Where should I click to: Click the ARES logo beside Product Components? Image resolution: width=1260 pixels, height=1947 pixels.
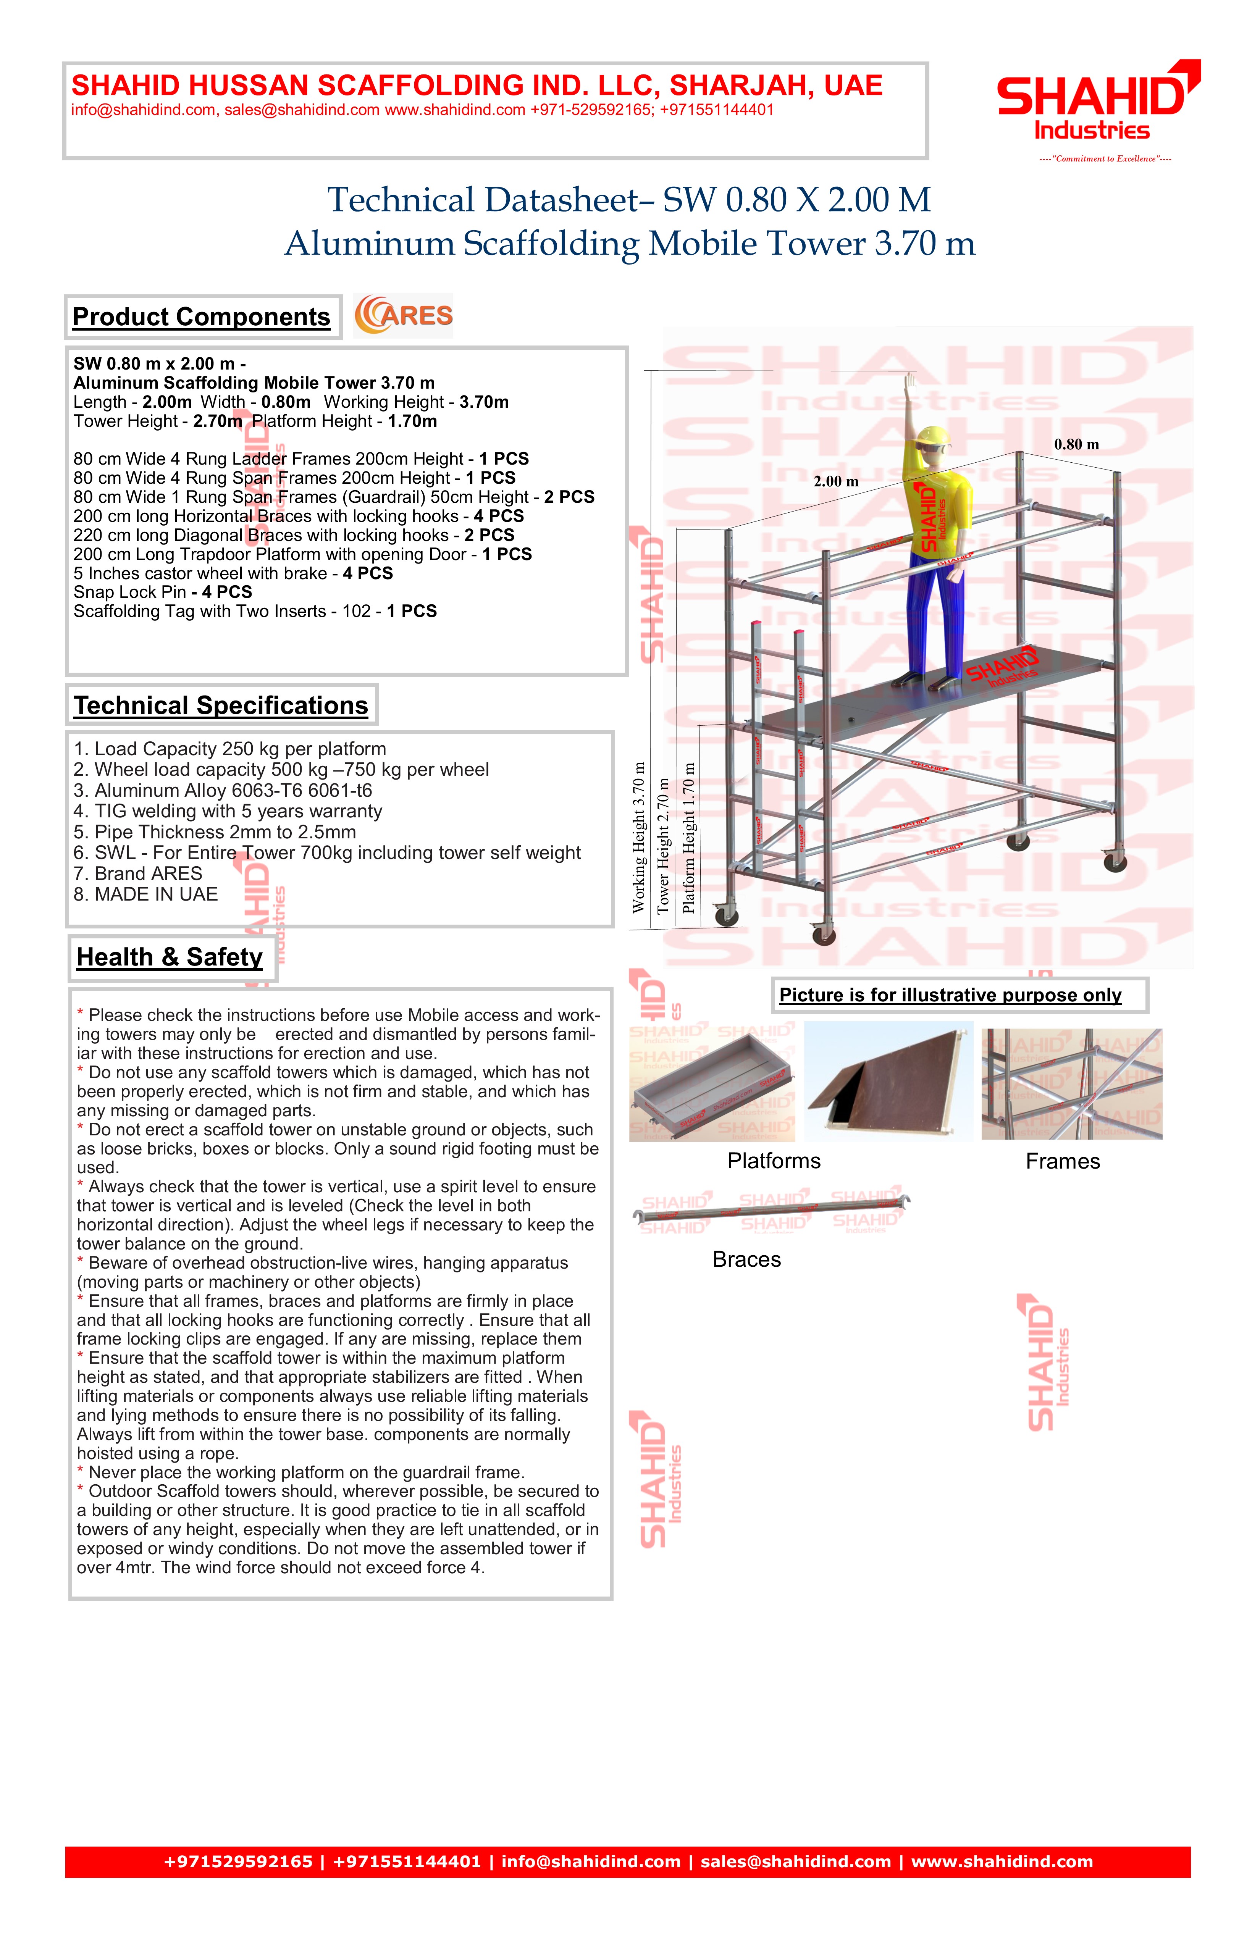point(403,316)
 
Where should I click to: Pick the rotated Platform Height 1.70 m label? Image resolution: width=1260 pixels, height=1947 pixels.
point(689,838)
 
